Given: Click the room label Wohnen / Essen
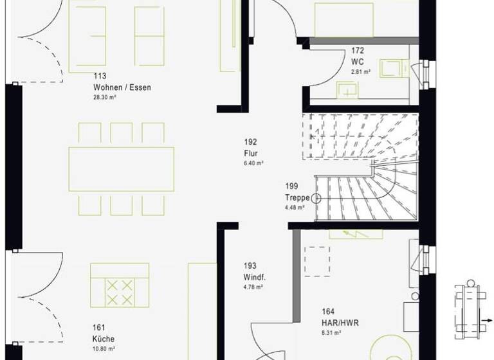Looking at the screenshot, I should (122, 87).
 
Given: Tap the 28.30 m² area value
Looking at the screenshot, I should (104, 98).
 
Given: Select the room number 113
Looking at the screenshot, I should (100, 76).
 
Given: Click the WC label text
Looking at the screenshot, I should (358, 62).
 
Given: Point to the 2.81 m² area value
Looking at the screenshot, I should (361, 72).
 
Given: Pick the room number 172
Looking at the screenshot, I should (358, 50).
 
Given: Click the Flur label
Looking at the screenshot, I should (251, 153).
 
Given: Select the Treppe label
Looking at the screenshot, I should (298, 197).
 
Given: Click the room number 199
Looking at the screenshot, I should (292, 186).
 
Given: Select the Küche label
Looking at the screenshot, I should (103, 338).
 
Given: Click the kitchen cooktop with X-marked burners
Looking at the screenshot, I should (121, 292).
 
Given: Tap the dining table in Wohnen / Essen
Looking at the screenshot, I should (122, 168).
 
